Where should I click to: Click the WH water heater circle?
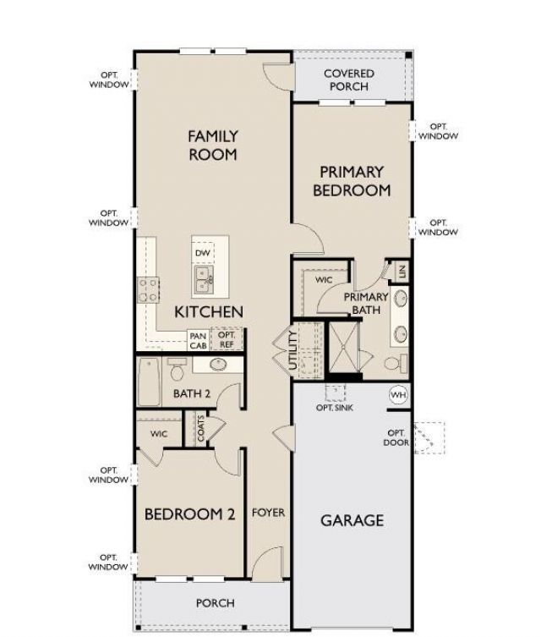[x=398, y=395]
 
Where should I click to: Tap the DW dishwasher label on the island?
[x=203, y=253]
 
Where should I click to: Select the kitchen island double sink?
[x=204, y=280]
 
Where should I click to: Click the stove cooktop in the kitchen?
[x=148, y=290]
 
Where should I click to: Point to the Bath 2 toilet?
[x=177, y=369]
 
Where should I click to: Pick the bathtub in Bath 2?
[x=149, y=382]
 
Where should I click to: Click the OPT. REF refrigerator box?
[x=227, y=339]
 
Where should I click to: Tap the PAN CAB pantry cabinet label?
[x=199, y=341]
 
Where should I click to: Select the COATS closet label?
[x=201, y=428]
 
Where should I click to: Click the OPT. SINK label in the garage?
[x=335, y=408]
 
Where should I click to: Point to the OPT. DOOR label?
[x=396, y=438]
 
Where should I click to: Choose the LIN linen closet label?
[x=402, y=272]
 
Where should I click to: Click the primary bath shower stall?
[x=344, y=348]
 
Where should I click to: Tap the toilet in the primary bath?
[x=396, y=363]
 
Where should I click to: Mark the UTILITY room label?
[x=292, y=350]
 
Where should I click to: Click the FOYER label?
[x=268, y=513]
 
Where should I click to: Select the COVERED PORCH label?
[x=349, y=80]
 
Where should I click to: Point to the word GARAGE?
[x=352, y=520]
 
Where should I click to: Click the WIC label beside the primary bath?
[x=324, y=279]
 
